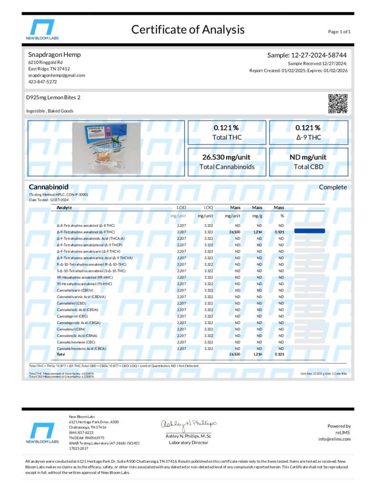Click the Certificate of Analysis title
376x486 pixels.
pos(188,29)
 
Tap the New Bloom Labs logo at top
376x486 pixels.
pos(42,29)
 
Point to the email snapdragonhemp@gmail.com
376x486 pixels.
pos(57,75)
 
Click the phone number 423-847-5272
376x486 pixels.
pos(42,82)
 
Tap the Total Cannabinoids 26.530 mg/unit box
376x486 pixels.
pos(227,162)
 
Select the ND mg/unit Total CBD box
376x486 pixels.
pos(308,162)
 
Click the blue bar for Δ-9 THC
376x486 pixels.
pos(309,231)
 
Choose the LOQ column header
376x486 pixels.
pos(208,208)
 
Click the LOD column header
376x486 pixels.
pos(182,208)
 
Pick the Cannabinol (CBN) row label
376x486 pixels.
pos(71,329)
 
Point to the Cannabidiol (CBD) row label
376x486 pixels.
pos(71,303)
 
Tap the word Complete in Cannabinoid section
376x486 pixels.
pos(333,187)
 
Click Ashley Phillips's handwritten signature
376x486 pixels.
pos(188,423)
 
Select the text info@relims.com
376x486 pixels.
pos(334,439)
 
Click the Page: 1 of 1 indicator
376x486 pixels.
pos(339,32)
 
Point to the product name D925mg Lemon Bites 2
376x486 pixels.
pos(53,97)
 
